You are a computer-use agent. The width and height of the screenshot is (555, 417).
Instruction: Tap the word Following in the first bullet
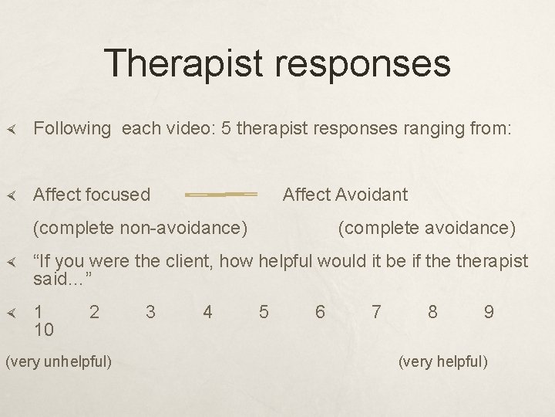point(73,128)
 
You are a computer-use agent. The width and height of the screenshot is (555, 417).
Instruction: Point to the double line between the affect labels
point(221,195)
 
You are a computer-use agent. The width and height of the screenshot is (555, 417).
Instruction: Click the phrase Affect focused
point(92,195)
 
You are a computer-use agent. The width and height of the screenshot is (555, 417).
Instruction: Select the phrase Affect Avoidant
point(345,195)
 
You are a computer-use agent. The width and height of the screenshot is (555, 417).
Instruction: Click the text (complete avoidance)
point(427,228)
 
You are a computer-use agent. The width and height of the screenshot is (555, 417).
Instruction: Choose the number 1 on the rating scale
point(39,312)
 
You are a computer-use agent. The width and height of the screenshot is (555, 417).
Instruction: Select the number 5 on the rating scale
point(264,312)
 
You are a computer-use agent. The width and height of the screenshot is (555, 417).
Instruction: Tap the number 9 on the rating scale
point(489,312)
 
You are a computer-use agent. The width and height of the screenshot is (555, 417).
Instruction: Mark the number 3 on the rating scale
point(151,312)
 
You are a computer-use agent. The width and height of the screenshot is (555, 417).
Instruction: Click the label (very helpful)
point(442,361)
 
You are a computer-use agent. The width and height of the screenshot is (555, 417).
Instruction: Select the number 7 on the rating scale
point(376,312)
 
